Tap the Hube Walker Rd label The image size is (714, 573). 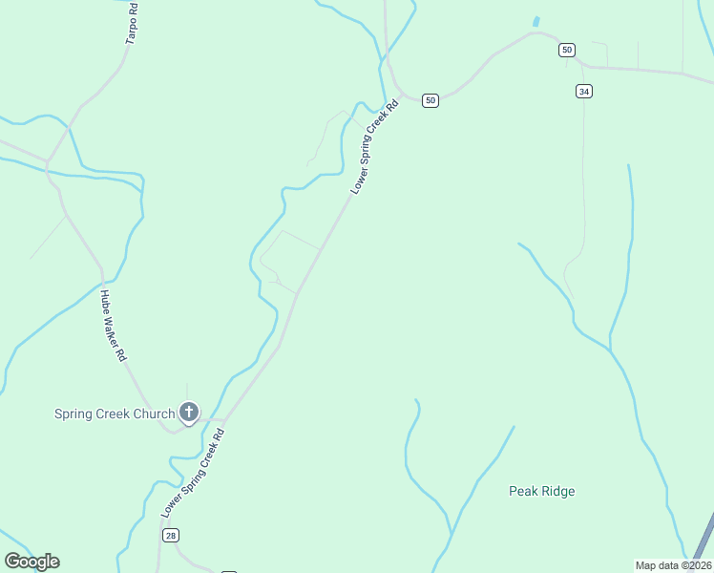pos(114,326)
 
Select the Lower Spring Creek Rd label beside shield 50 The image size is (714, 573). pos(373,149)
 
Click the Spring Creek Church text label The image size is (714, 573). pos(115,414)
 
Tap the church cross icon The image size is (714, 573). pos(189,413)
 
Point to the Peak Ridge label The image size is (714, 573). pos(541,491)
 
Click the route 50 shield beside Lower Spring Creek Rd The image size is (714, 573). pos(430,100)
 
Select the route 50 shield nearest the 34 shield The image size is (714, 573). pos(567,50)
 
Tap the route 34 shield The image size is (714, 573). pos(584,91)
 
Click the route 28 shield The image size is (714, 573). pos(171,536)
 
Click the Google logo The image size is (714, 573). pos(31,562)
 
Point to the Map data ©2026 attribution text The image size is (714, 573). pos(673,564)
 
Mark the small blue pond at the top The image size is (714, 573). pos(535,21)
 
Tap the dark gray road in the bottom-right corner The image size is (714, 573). pos(704,541)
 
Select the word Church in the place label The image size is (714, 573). pos(154,414)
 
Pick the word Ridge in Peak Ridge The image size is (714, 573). pos(557,491)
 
